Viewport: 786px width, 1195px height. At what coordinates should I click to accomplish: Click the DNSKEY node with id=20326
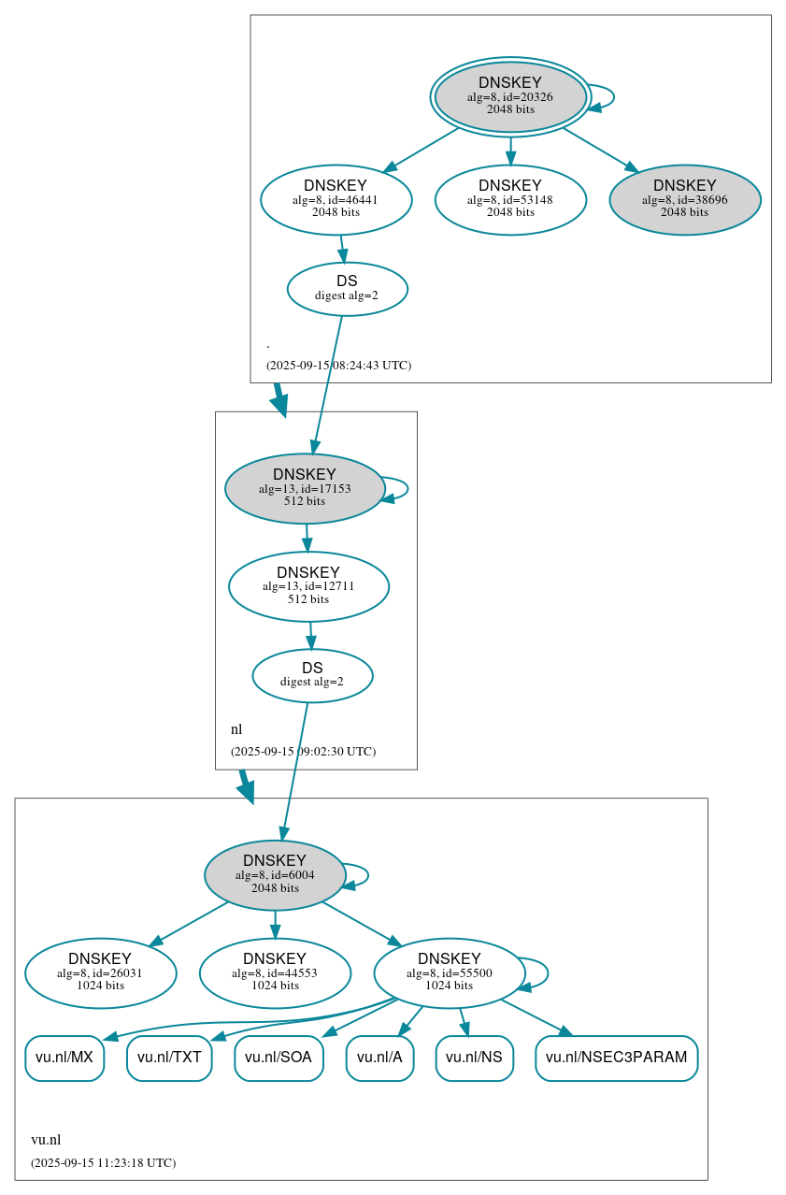click(510, 96)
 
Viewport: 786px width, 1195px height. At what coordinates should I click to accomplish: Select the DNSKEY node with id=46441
click(336, 199)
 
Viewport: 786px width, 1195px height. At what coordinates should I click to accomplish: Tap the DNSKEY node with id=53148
click(510, 199)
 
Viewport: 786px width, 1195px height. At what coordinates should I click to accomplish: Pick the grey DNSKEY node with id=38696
click(684, 199)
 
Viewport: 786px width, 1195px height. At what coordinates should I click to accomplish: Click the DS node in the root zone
click(347, 289)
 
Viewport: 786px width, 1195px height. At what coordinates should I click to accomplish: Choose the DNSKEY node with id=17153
click(305, 488)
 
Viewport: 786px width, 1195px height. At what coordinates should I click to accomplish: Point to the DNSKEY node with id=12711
click(308, 586)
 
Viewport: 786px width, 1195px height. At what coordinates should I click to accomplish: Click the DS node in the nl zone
click(312, 675)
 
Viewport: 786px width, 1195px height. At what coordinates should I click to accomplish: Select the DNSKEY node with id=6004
click(275, 875)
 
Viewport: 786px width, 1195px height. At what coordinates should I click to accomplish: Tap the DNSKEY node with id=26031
click(100, 972)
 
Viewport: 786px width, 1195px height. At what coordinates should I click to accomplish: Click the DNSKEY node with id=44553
click(275, 972)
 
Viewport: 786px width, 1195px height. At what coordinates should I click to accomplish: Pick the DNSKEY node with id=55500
click(450, 972)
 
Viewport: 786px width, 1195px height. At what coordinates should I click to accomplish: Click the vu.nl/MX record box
click(64, 1058)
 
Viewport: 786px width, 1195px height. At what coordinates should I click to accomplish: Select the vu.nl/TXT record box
click(169, 1058)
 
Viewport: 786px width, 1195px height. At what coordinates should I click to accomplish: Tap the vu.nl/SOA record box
click(279, 1058)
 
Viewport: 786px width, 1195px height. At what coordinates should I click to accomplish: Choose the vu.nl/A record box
click(379, 1058)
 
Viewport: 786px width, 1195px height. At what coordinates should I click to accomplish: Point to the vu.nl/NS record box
click(474, 1058)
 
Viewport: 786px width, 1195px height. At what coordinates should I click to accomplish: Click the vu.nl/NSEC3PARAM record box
click(616, 1058)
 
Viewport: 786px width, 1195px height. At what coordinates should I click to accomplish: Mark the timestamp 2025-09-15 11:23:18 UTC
click(103, 1162)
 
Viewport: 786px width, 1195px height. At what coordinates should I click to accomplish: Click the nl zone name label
click(236, 729)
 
